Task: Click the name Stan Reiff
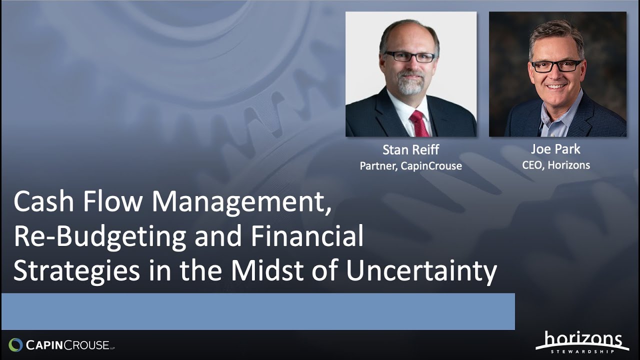(x=410, y=149)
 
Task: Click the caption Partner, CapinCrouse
(x=410, y=166)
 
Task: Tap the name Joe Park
(x=556, y=149)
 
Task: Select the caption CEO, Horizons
(x=556, y=165)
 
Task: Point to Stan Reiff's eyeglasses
(x=409, y=57)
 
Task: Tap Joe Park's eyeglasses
(x=556, y=66)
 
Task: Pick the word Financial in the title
(x=307, y=236)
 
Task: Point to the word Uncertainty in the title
(x=421, y=271)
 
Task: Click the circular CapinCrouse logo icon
(x=15, y=344)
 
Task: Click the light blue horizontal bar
(x=258, y=311)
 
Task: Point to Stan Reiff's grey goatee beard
(x=411, y=85)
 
